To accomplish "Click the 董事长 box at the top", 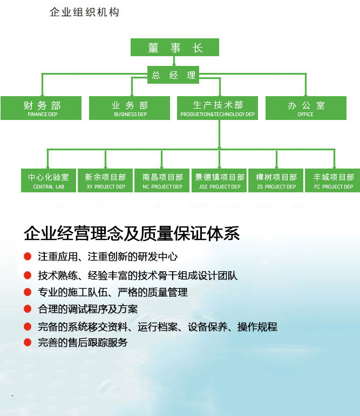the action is click(175, 47).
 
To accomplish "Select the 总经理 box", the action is click(173, 75).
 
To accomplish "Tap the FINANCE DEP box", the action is click(41, 108).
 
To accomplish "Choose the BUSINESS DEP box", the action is click(130, 108).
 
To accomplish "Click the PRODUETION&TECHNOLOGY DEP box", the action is click(218, 108).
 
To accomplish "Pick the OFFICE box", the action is click(306, 108).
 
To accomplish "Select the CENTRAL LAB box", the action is click(49, 180).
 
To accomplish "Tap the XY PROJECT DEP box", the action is click(105, 180).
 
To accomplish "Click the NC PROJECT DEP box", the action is click(162, 180).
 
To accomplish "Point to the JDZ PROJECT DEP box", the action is click(219, 180).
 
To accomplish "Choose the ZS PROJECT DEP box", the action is click(276, 180).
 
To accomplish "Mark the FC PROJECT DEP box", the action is click(332, 180).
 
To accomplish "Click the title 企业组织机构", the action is click(85, 12).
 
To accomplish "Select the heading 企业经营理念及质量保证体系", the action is click(132, 233).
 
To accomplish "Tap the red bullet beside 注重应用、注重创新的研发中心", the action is click(28, 256).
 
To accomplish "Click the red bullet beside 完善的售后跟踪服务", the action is click(28, 342).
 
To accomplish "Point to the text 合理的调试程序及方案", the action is click(88, 309).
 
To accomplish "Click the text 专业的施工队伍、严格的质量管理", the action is click(113, 292).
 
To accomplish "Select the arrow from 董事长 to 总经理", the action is click(174, 61).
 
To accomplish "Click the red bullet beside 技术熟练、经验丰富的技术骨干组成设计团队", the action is click(28, 275).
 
